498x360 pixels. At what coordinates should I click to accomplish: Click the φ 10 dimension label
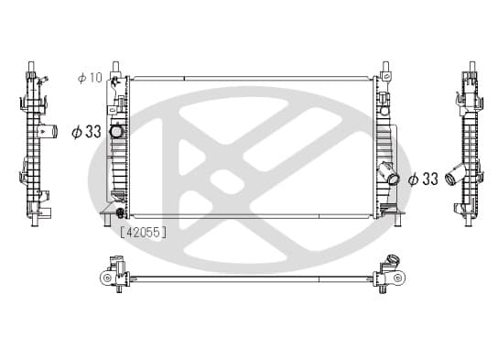[x=91, y=78]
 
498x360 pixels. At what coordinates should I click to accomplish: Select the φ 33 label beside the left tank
[x=86, y=132]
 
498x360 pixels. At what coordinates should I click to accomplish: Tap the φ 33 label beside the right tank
[x=423, y=179]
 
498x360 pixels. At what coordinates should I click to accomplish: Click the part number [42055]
[x=143, y=233]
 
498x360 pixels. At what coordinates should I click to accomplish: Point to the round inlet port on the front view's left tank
[x=115, y=131]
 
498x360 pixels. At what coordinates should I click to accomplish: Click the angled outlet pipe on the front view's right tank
[x=389, y=173]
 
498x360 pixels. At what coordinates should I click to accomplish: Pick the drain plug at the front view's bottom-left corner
[x=120, y=213]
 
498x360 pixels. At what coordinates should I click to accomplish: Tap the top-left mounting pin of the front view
[x=116, y=68]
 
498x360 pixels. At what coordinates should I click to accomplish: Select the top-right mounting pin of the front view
[x=386, y=67]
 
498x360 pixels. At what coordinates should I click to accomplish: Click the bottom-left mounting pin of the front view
[x=107, y=220]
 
